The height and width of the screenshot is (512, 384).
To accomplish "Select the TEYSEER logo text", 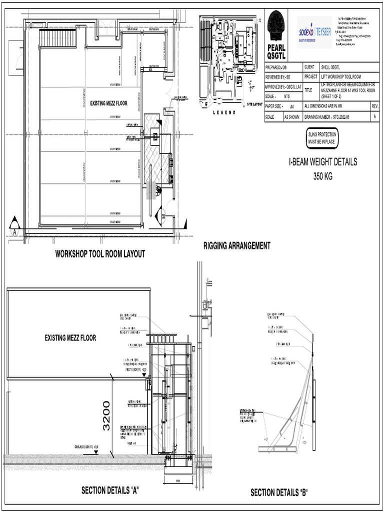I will click(x=323, y=31).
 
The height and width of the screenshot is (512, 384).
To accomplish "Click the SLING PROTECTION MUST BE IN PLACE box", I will click(x=322, y=138).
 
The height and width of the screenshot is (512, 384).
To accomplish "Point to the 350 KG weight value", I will click(x=322, y=175).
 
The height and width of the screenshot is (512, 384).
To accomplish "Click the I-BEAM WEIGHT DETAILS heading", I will click(x=322, y=162).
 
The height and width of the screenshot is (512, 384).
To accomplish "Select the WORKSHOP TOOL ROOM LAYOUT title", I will click(x=100, y=254).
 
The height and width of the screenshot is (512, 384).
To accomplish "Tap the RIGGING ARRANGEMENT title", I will click(x=236, y=245).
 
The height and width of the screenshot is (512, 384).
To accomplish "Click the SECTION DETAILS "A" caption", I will click(x=109, y=490).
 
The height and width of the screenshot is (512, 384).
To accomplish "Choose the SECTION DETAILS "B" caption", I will click(x=279, y=492).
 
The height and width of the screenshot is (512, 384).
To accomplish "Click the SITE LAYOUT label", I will click(x=254, y=104).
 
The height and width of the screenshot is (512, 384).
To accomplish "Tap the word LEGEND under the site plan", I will click(x=224, y=113).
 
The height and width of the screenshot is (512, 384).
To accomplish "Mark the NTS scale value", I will click(x=287, y=96).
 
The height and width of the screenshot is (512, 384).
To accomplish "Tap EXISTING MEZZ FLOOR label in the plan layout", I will click(x=108, y=103).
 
